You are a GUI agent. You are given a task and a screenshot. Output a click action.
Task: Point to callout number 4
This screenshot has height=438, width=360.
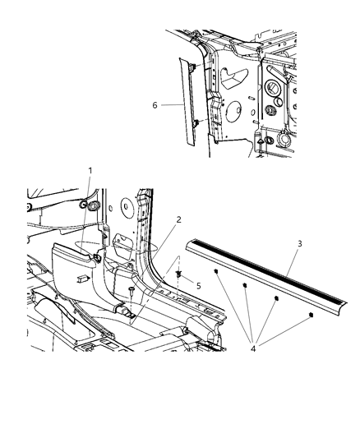pos(252,348)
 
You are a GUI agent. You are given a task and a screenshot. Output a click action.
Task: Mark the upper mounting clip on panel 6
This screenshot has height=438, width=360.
pos(190,66)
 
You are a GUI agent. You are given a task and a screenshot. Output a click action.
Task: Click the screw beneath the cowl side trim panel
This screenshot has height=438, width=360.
pos(132,291)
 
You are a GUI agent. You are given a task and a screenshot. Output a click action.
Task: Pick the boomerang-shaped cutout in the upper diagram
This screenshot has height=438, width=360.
pos(234,76)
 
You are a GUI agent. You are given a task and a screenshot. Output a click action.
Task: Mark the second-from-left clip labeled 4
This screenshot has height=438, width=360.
pos(245,284)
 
